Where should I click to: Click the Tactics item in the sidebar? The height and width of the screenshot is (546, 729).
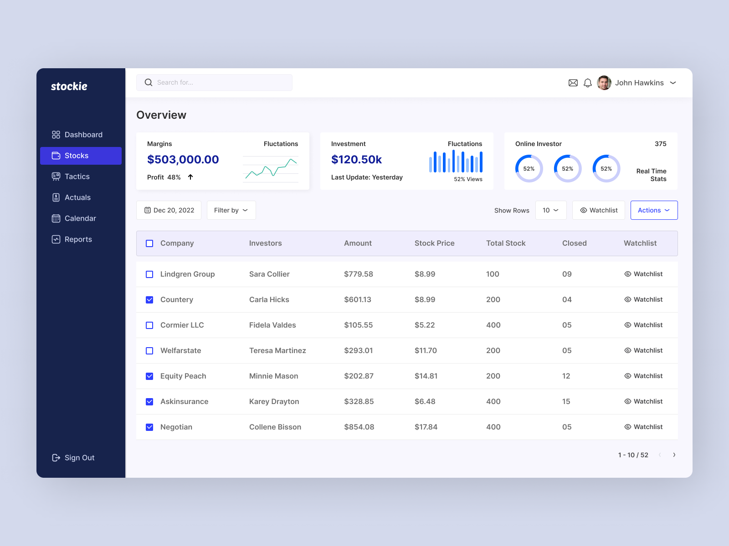pyautogui.click(x=77, y=177)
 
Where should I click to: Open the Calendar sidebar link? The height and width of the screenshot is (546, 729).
pyautogui.click(x=80, y=218)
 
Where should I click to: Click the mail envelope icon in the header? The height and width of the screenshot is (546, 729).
pyautogui.click(x=573, y=83)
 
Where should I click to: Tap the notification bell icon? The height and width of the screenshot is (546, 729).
pyautogui.click(x=588, y=83)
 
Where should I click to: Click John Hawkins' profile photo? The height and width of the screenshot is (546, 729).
pyautogui.click(x=604, y=83)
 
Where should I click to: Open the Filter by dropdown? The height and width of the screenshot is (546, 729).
pyautogui.click(x=231, y=210)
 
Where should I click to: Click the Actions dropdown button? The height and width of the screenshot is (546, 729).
pyautogui.click(x=654, y=210)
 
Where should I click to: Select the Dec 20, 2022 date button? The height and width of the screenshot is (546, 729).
pyautogui.click(x=169, y=210)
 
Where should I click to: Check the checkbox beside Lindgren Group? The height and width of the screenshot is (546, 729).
pyautogui.click(x=149, y=274)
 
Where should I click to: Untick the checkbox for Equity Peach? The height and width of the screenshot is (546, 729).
pyautogui.click(x=149, y=376)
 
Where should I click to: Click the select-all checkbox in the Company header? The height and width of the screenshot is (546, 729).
pyautogui.click(x=149, y=243)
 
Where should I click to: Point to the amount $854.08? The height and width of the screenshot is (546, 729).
pyautogui.click(x=359, y=427)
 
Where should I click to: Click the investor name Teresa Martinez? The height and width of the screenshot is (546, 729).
pyautogui.click(x=277, y=350)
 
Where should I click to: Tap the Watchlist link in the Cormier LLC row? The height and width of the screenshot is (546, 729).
pyautogui.click(x=643, y=325)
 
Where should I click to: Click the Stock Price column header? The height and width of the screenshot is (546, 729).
pyautogui.click(x=434, y=243)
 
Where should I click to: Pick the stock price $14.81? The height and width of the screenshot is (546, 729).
pyautogui.click(x=426, y=376)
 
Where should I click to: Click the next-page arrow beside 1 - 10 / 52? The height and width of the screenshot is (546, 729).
pyautogui.click(x=674, y=455)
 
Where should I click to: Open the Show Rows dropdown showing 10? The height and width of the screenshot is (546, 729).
pyautogui.click(x=551, y=210)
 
